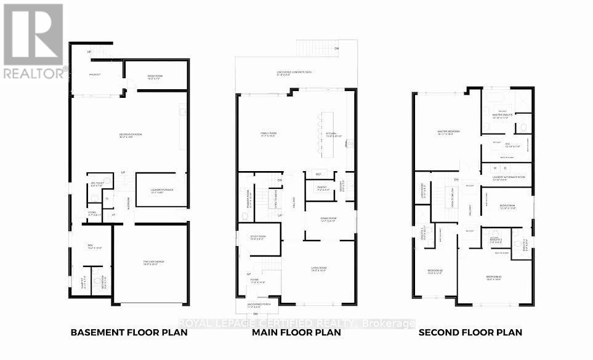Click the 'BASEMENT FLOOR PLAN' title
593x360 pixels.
pyautogui.click(x=129, y=333)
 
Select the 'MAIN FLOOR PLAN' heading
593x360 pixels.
pyautogui.click(x=296, y=333)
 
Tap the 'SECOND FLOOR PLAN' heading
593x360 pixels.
pyautogui.click(x=470, y=333)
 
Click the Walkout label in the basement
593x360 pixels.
pyautogui.click(x=95, y=74)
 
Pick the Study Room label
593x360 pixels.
pyautogui.click(x=257, y=237)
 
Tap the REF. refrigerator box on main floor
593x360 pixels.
pyautogui.click(x=318, y=172)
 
